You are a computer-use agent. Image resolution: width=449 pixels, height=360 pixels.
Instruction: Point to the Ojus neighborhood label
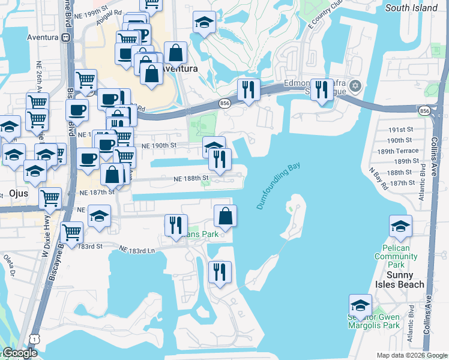tap(19, 193)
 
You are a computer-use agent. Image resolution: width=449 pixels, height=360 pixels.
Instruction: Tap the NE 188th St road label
tap(191, 178)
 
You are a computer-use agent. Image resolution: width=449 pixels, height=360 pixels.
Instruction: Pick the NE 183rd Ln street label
tap(137, 249)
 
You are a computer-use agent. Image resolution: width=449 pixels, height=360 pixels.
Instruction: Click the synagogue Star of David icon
tap(355, 86)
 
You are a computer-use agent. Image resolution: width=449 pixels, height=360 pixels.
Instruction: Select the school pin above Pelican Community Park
tap(400, 226)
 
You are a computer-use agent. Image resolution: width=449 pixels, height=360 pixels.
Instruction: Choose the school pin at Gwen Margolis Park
tap(360, 304)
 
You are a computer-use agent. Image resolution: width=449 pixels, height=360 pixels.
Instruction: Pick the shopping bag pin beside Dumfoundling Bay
tap(225, 216)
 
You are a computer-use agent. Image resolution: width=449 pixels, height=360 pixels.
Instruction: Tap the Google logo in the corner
tap(19, 353)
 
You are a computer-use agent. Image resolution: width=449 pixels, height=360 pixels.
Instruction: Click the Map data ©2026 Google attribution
tap(411, 355)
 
